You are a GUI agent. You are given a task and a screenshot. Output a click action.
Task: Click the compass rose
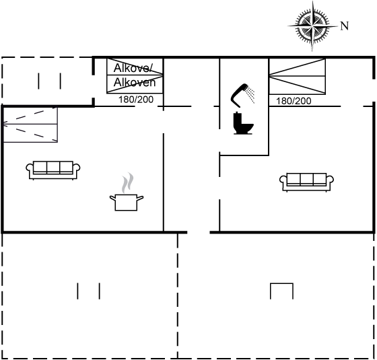(312, 26)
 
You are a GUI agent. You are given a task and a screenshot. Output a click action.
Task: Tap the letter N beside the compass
(345, 26)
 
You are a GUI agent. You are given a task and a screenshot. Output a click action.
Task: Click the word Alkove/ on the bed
(133, 68)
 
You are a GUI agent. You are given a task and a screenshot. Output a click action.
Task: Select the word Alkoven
(135, 82)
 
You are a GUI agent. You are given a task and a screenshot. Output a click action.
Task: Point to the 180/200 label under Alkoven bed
(136, 100)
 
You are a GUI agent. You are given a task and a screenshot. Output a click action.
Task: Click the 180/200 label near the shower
(294, 101)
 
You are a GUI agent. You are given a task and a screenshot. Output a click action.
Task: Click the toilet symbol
(243, 123)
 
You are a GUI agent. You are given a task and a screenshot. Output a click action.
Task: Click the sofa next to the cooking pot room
(53, 170)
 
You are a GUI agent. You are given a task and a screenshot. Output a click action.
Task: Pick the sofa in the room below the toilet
(306, 182)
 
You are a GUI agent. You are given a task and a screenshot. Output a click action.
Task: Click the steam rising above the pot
(127, 183)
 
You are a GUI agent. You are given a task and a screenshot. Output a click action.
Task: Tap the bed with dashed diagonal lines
(30, 124)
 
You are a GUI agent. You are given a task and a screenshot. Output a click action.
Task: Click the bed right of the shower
(297, 76)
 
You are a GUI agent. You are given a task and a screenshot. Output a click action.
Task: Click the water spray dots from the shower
(251, 95)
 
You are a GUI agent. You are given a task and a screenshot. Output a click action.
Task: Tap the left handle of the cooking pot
(113, 198)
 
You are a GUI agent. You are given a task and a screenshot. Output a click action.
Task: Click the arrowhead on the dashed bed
(5, 124)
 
